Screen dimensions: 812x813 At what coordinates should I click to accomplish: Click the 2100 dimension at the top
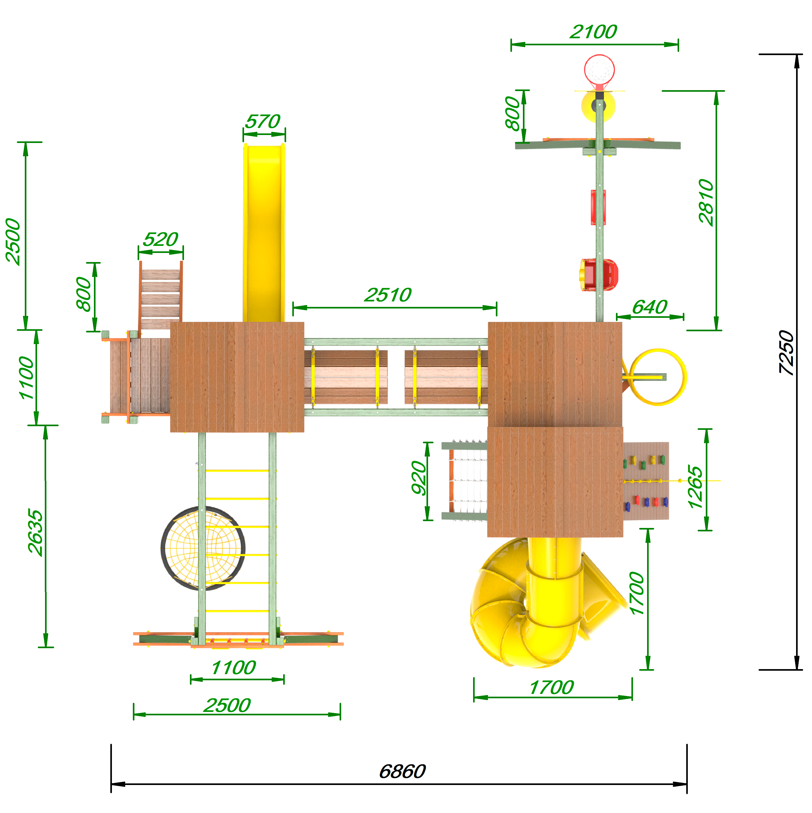pyautogui.click(x=593, y=32)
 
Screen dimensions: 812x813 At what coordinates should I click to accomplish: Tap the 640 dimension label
pyautogui.click(x=650, y=307)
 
